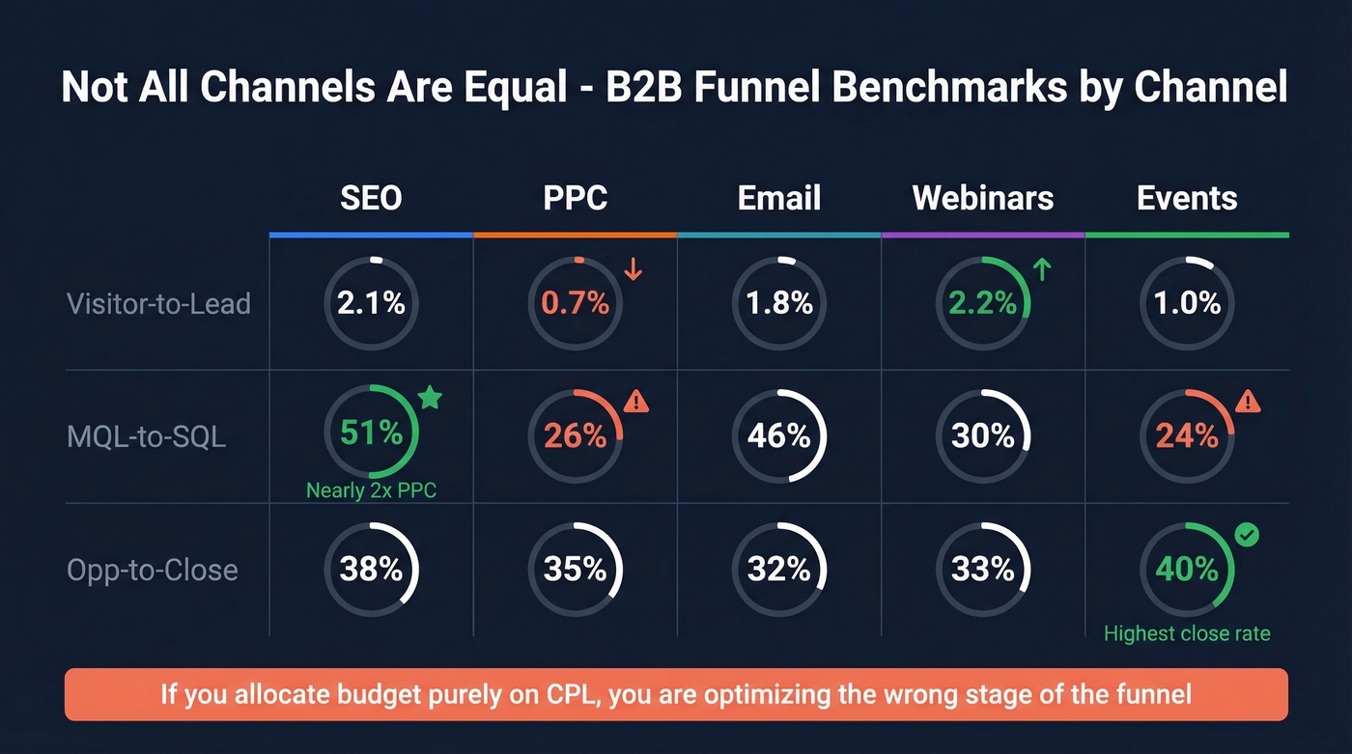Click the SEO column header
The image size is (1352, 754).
pos(371,198)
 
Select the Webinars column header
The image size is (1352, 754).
pos(982,198)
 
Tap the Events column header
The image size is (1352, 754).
pos(1187,198)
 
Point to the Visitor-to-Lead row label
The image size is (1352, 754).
pos(158,304)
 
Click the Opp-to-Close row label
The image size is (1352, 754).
pos(153,570)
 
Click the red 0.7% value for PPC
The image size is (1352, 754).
pos(575,303)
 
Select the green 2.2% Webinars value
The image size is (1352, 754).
pos(982,303)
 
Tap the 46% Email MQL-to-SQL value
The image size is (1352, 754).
pos(778,436)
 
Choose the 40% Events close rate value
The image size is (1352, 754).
pos(1187,569)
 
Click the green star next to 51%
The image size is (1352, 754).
pos(431,397)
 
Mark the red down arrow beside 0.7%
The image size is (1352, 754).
pos(634,269)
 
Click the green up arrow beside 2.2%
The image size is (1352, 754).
pos(1042,269)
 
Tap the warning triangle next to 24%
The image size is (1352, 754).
pos(1248,400)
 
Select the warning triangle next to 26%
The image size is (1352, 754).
pos(635,400)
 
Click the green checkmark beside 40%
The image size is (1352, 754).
pos(1248,535)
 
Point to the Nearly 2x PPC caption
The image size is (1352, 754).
pos(371,490)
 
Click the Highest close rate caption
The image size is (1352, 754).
pos(1187,634)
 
